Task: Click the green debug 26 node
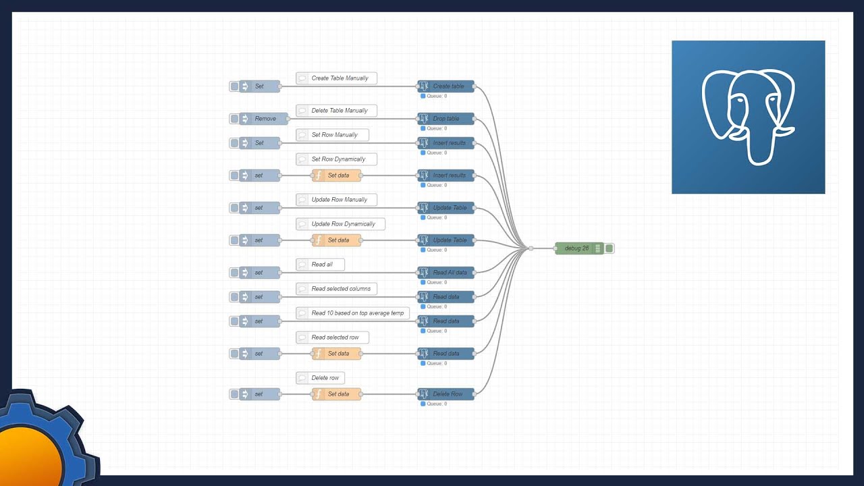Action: (x=578, y=248)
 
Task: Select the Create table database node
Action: (x=446, y=86)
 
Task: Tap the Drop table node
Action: (x=446, y=119)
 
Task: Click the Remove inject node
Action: (x=264, y=119)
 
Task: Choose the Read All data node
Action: (x=446, y=273)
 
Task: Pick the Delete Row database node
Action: (x=446, y=394)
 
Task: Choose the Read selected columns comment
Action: (x=337, y=289)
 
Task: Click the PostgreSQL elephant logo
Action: (x=748, y=117)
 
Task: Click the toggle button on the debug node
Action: (x=610, y=248)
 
